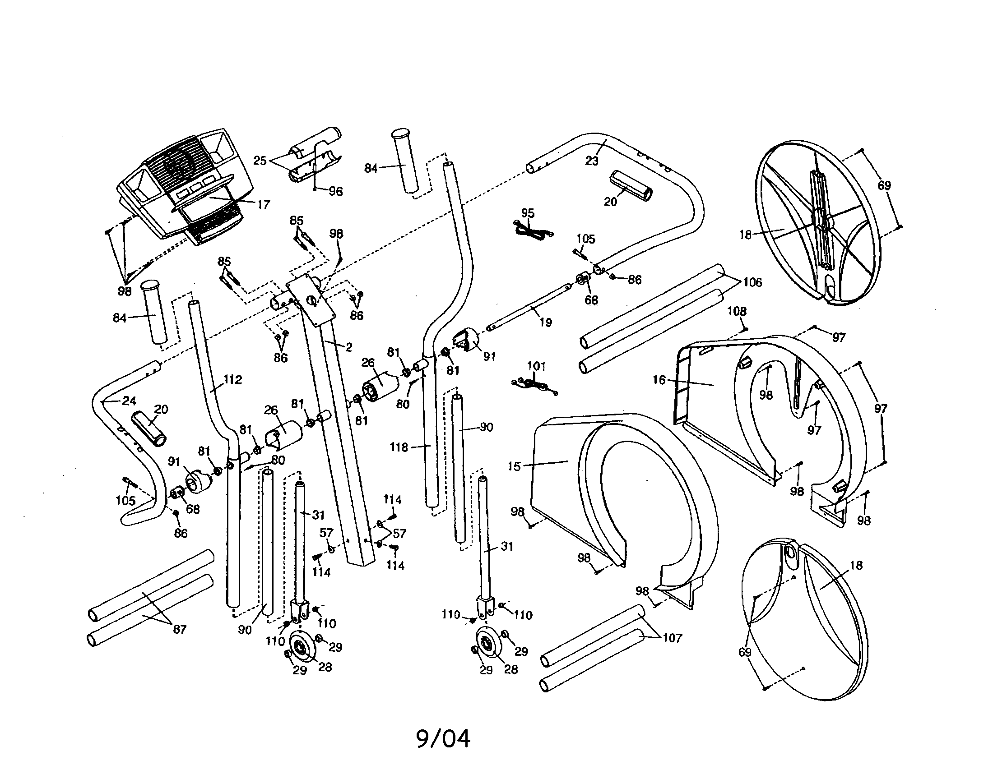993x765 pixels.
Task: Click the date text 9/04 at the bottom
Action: tap(443, 738)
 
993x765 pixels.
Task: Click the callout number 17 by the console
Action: tap(264, 204)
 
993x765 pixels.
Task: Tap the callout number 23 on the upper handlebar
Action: tap(592, 161)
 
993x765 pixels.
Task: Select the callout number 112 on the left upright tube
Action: tap(232, 379)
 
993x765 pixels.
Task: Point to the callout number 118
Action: tap(399, 447)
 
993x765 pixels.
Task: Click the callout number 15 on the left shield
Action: tap(514, 466)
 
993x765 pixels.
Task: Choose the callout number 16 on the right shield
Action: tap(659, 380)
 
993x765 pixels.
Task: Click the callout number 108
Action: tap(737, 311)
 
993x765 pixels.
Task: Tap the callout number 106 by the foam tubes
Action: tap(752, 282)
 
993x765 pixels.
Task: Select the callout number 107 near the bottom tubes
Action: tap(672, 638)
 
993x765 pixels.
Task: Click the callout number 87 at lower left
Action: tap(180, 629)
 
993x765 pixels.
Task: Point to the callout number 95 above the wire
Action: tap(527, 213)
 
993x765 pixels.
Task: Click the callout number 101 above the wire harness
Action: tap(536, 366)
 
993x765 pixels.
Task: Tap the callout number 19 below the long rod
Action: tap(545, 322)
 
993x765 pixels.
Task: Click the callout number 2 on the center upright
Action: tap(349, 347)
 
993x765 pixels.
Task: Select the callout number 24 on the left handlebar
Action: tap(129, 401)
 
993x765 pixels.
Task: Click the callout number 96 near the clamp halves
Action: tap(335, 191)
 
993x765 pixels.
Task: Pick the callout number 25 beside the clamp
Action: tap(260, 161)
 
